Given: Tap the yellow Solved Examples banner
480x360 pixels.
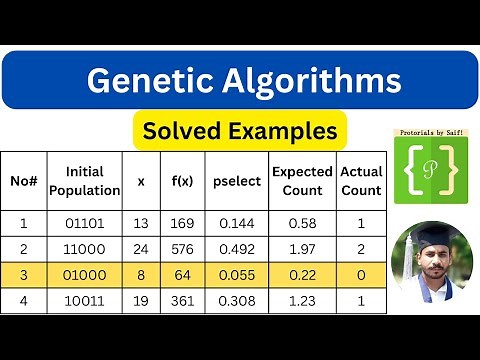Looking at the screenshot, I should point(240,131).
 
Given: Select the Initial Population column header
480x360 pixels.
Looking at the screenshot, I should point(90,181).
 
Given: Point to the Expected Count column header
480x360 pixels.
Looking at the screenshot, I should point(302,181).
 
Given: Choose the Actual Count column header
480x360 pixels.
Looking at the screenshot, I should point(361,181).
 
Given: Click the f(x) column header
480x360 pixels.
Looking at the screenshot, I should point(181,181).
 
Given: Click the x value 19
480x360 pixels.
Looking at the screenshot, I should point(141,298).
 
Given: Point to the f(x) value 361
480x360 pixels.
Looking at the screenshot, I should point(181,298).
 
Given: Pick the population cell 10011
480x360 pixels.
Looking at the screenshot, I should point(90,298).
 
